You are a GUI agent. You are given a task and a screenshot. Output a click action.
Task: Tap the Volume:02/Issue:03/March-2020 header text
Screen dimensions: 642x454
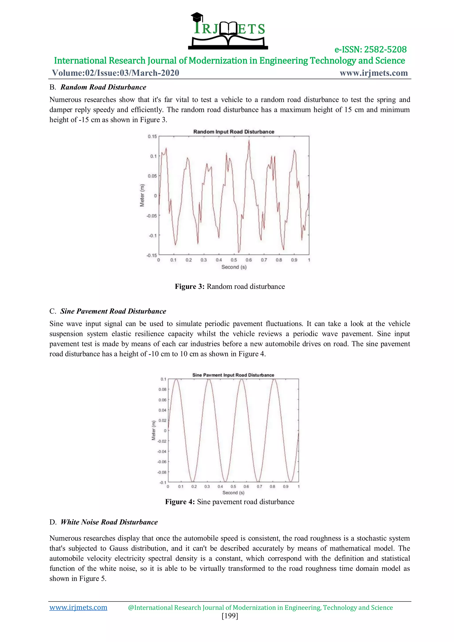[x=115, y=73]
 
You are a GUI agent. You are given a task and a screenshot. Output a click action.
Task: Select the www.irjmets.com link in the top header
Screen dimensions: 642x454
[x=374, y=73]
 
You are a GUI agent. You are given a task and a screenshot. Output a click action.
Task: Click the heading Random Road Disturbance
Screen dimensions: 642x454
[x=103, y=87]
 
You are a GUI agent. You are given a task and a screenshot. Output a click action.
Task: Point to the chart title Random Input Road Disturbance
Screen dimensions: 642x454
[x=234, y=132]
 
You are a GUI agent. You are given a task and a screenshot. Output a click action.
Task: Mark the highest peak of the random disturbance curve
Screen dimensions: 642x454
[x=249, y=141]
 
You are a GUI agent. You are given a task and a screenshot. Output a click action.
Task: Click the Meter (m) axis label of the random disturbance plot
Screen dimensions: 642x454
[x=142, y=195]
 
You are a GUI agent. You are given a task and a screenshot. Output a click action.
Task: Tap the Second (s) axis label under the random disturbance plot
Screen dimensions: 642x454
[x=234, y=267]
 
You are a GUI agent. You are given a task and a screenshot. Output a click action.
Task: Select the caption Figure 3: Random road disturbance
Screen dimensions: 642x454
[x=230, y=287]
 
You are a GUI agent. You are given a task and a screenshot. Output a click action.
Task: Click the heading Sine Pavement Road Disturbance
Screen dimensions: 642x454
[x=113, y=311]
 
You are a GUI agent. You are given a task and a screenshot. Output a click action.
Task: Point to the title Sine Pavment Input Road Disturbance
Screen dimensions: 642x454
[x=233, y=375]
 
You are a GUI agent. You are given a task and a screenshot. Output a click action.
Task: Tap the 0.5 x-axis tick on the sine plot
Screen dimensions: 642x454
[x=233, y=486]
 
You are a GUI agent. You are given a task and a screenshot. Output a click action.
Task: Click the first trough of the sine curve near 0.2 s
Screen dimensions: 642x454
[x=193, y=482]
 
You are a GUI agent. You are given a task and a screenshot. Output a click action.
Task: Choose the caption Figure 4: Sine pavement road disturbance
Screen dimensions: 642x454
[x=230, y=502]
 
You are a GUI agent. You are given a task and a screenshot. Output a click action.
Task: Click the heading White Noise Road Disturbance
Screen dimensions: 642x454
[x=109, y=522]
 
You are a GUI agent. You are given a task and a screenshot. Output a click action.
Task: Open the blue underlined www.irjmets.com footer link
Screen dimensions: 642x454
[x=78, y=607]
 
